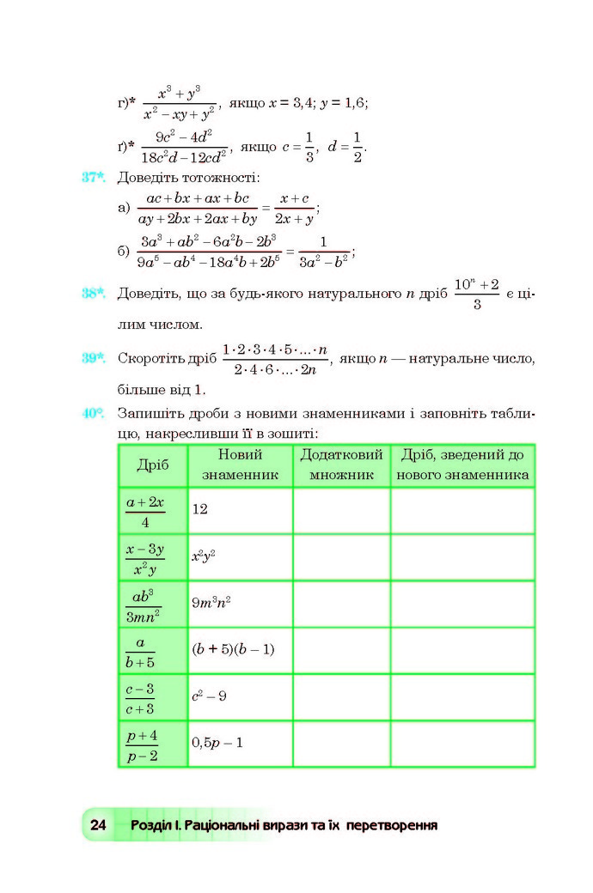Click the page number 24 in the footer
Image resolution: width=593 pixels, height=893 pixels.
pyautogui.click(x=97, y=825)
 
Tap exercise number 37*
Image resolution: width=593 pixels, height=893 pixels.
pyautogui.click(x=95, y=178)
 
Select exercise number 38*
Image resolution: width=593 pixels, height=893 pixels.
pyautogui.click(x=95, y=293)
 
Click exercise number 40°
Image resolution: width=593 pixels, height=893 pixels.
pyautogui.click(x=95, y=413)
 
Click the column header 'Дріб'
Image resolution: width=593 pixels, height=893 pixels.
pyautogui.click(x=153, y=465)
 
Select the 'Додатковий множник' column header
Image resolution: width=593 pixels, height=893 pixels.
pyautogui.click(x=341, y=465)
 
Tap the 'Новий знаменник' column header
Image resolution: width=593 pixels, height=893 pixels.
pyautogui.click(x=240, y=465)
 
